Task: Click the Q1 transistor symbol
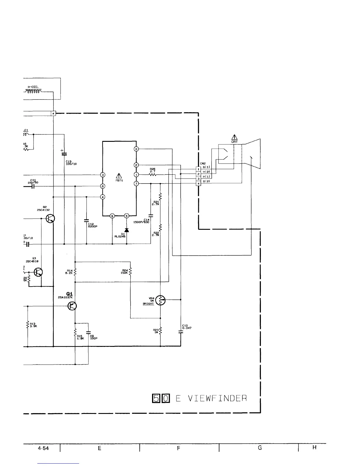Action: (x=72, y=306)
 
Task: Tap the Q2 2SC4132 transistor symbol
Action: (x=50, y=219)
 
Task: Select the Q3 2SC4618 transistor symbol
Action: (x=38, y=272)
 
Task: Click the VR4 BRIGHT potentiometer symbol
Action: (x=161, y=300)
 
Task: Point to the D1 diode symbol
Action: (x=127, y=230)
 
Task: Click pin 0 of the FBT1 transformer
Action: (x=136, y=149)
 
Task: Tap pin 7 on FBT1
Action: (x=136, y=184)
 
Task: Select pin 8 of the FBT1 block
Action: (x=103, y=186)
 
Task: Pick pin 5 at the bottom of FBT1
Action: (x=127, y=216)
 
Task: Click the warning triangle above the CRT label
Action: (x=234, y=137)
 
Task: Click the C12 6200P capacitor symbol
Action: (x=86, y=220)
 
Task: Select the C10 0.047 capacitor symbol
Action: (x=181, y=332)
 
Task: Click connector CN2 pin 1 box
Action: (x=199, y=169)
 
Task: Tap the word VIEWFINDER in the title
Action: (x=217, y=398)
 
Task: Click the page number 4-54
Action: (x=43, y=448)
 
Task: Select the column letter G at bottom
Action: (x=260, y=448)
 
